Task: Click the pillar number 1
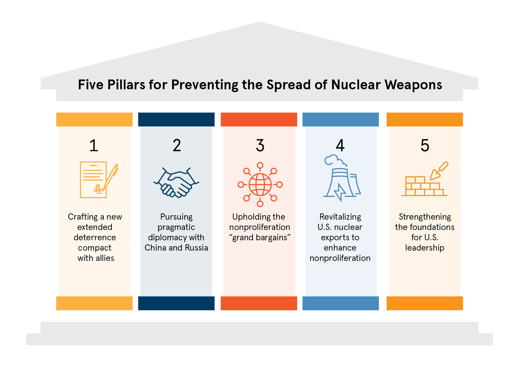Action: (94, 146)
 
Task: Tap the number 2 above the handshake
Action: (177, 146)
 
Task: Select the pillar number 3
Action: (260, 146)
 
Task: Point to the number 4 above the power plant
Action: (340, 146)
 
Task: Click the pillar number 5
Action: (425, 146)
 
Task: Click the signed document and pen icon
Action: (97, 180)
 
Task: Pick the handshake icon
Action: (176, 183)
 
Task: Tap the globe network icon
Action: (260, 185)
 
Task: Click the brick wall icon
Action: (424, 187)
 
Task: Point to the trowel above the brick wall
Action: (439, 171)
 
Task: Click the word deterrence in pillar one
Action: (95, 237)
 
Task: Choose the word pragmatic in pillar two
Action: (176, 227)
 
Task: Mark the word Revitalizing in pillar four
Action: (340, 217)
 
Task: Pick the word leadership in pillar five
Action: (425, 248)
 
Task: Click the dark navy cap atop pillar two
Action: (176, 119)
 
